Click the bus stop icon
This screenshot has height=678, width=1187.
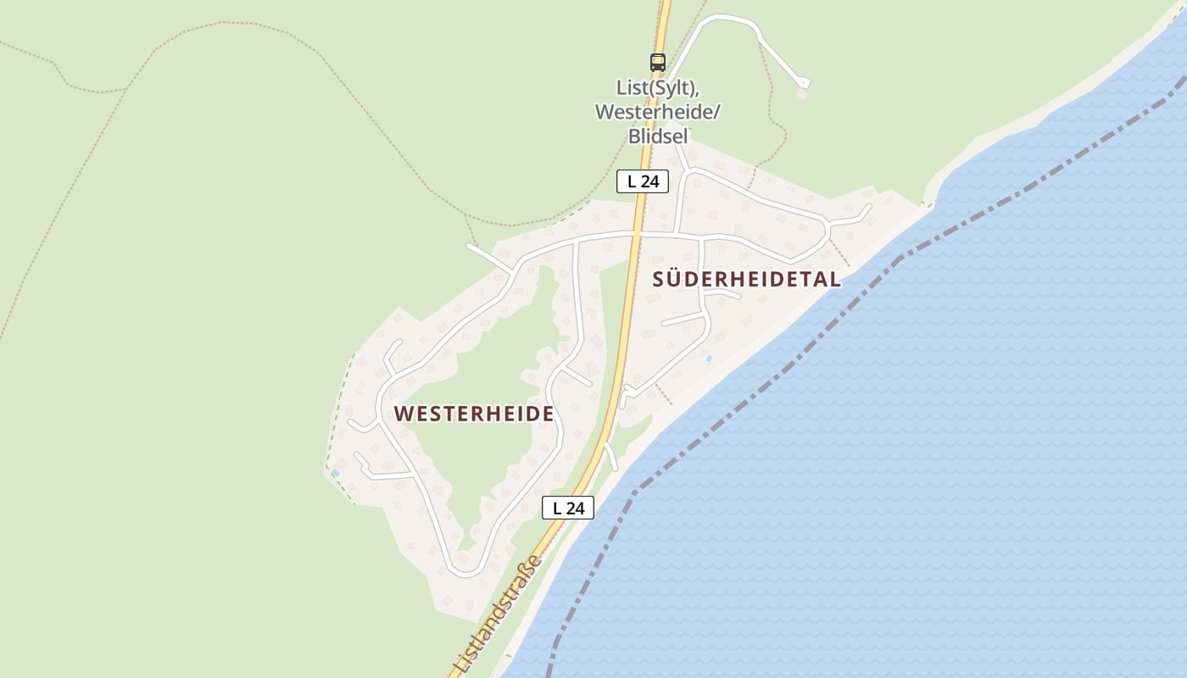[658, 62]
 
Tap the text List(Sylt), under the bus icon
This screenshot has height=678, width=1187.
[657, 88]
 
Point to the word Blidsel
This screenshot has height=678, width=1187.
[657, 136]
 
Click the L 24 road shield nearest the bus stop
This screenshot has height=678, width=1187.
[643, 181]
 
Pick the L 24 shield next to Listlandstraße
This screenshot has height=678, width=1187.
[568, 508]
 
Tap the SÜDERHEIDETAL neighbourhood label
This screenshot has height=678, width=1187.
[747, 279]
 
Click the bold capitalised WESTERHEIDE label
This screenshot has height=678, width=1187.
[474, 414]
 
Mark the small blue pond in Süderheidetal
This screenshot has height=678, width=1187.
[709, 358]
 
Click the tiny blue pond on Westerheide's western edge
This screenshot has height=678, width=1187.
[336, 472]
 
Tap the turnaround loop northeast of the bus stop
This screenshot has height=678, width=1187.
[803, 83]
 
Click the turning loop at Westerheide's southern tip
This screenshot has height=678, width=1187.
[465, 568]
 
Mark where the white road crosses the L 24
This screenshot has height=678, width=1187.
[638, 232]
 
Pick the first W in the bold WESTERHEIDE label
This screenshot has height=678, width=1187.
[404, 414]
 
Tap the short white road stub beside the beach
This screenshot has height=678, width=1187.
[610, 456]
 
